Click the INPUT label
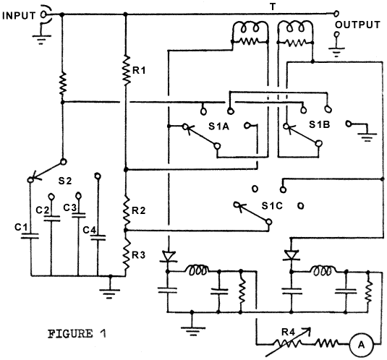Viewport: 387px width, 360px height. pos(19,16)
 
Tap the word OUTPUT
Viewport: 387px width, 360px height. pos(357,25)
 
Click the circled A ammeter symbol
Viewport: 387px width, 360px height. pos(361,345)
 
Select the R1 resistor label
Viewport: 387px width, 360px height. pos(139,71)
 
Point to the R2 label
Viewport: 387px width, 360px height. pos(138,210)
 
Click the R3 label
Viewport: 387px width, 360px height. pos(138,255)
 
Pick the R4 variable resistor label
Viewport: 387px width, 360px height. pos(289,333)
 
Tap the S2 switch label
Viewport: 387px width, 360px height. pos(65,181)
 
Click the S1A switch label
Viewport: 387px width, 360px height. pos(219,127)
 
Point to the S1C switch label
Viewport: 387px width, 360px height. pos(272,205)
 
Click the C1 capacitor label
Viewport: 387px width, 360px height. pos(21,227)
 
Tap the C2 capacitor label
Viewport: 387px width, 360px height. pos(43,210)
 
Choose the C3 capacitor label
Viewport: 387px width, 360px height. pos(70,207)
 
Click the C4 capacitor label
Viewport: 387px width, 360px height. pos(90,230)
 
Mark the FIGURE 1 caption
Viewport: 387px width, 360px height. pos(77,334)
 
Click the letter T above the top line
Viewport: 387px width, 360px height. pos(273,7)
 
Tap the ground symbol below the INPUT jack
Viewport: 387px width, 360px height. pos(41,40)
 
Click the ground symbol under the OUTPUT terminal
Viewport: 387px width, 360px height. pos(336,53)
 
